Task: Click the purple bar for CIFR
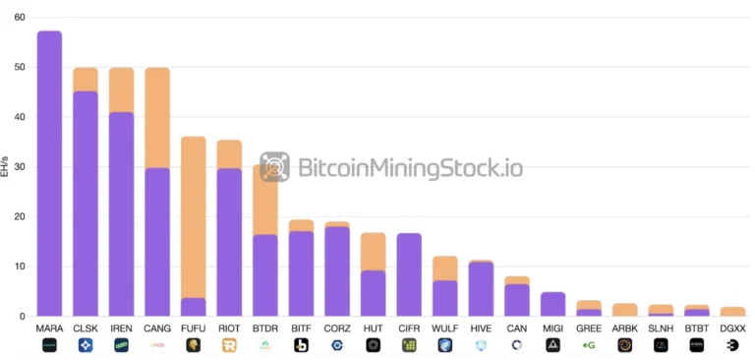pyautogui.click(x=409, y=274)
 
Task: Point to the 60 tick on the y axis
pyautogui.click(x=19, y=18)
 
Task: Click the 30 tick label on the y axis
pyautogui.click(x=19, y=167)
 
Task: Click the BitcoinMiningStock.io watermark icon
pyautogui.click(x=274, y=166)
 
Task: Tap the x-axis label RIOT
pyautogui.click(x=229, y=328)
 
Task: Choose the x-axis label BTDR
pyautogui.click(x=265, y=328)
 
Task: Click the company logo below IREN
pyautogui.click(x=121, y=345)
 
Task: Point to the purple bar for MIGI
pyautogui.click(x=553, y=304)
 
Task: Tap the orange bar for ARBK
pyautogui.click(x=625, y=310)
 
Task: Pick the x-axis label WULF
pyautogui.click(x=445, y=328)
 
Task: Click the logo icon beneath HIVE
pyautogui.click(x=481, y=345)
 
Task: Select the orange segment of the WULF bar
pyautogui.click(x=445, y=268)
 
